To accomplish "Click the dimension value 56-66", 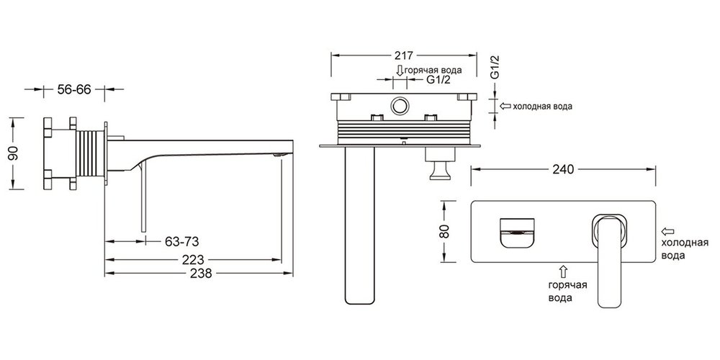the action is point(74,89).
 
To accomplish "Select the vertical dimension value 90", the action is point(14,153).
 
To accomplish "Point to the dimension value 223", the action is point(193,259).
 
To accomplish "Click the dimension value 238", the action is point(201,274).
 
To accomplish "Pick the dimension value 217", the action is point(404,55).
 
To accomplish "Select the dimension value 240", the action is point(564,169).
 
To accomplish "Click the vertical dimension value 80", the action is point(444,231).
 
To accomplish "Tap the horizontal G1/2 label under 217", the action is point(426,80).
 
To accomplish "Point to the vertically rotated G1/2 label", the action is point(495,67).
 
